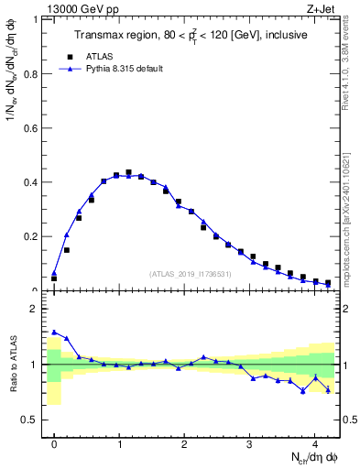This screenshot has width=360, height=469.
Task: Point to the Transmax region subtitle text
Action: coord(191,35)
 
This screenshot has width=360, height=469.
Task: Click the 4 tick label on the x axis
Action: coord(315,443)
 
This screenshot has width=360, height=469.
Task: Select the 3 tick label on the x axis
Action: coord(250,443)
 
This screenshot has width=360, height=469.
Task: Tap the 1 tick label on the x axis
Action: coord(120,443)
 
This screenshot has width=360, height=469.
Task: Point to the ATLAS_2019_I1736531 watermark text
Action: coord(191,274)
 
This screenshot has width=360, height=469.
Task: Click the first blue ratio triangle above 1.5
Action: coord(54,333)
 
